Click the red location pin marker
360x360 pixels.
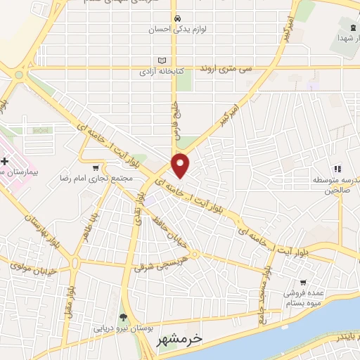181,165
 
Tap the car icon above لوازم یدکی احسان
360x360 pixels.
178,18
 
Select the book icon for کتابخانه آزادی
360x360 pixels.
164,60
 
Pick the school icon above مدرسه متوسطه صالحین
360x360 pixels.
337,168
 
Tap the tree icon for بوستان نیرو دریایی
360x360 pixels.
124,318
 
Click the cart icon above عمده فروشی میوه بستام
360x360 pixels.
303,282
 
